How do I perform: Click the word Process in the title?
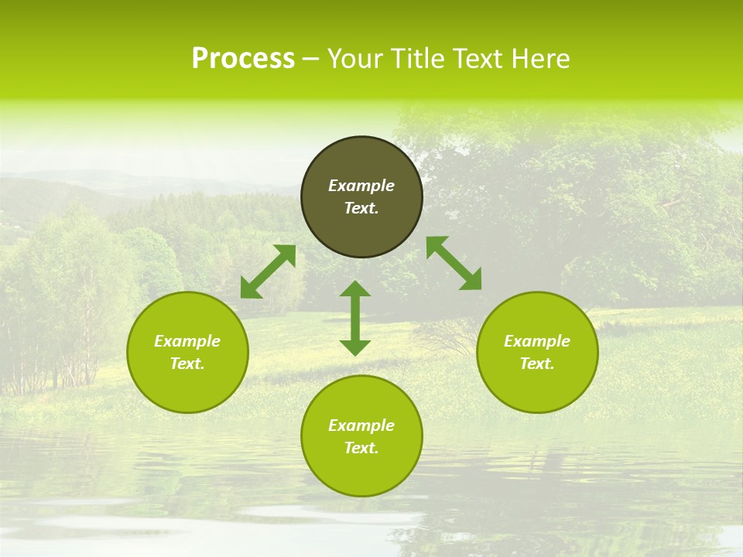243,59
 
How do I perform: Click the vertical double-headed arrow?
355,318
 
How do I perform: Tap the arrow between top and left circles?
268,272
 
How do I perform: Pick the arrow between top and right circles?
454,263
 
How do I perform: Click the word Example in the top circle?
361,186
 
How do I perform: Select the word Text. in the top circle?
361,208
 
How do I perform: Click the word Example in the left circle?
187,341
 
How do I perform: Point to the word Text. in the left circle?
187,364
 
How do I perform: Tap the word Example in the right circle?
537,341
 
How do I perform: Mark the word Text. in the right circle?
537,364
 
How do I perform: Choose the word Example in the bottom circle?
361,425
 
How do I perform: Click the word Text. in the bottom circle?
361,448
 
